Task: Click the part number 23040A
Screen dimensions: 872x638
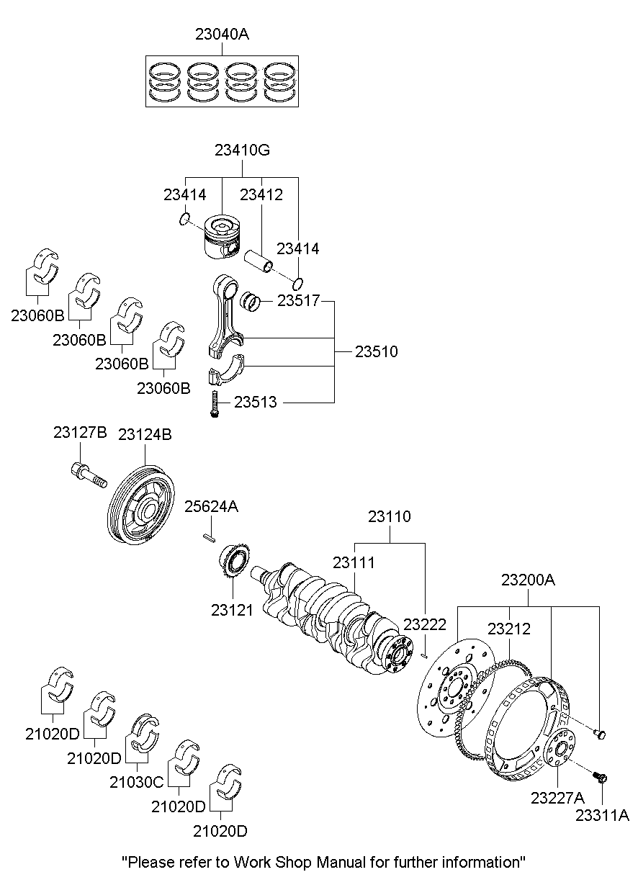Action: (x=222, y=34)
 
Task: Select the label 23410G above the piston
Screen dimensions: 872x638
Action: (x=242, y=150)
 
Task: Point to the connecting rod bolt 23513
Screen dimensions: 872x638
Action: (x=214, y=403)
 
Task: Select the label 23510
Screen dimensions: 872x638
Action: (x=376, y=352)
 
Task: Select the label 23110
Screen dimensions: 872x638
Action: (x=390, y=516)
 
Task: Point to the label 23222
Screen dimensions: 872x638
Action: (x=425, y=624)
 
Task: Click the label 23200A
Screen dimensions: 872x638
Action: (x=529, y=580)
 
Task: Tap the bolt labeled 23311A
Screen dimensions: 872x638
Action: (x=600, y=778)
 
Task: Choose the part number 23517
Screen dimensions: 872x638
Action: (x=298, y=302)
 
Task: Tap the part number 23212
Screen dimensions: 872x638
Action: (x=508, y=629)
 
